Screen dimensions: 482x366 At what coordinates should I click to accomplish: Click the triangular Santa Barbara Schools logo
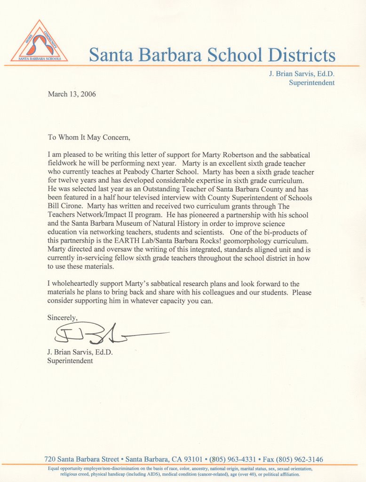[x=39, y=42]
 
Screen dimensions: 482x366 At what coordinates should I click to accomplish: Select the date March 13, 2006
[x=72, y=94]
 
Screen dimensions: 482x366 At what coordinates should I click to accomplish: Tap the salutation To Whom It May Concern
[x=88, y=138]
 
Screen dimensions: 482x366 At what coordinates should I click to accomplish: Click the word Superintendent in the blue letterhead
[x=312, y=83]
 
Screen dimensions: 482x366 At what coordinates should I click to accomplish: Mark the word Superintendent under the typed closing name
[x=70, y=361]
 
